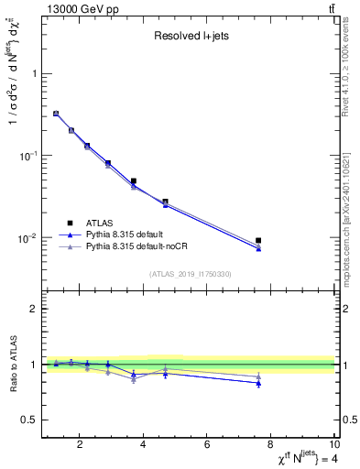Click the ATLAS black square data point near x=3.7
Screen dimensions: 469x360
click(134, 181)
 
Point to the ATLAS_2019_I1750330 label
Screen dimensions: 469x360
click(190, 274)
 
